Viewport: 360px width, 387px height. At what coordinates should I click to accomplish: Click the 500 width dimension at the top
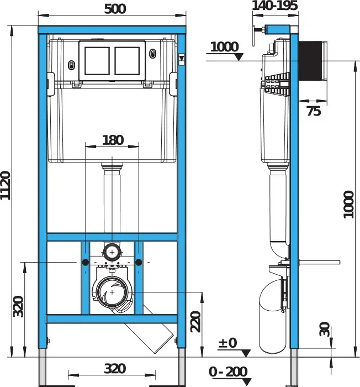click(115, 9)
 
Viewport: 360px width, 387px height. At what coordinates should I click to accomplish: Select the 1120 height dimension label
click(6, 185)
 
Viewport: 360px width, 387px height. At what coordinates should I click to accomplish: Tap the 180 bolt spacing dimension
click(113, 140)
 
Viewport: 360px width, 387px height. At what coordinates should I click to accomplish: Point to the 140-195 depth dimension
click(275, 6)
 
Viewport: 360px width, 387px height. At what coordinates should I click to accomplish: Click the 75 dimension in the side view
click(314, 111)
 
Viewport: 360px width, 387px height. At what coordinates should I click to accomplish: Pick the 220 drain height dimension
click(196, 322)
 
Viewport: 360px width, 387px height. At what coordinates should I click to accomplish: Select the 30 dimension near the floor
click(325, 329)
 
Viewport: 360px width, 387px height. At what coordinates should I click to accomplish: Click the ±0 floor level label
click(227, 343)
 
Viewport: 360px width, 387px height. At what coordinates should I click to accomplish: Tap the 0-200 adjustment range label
click(228, 372)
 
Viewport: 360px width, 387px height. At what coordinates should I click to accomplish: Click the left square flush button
click(97, 61)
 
